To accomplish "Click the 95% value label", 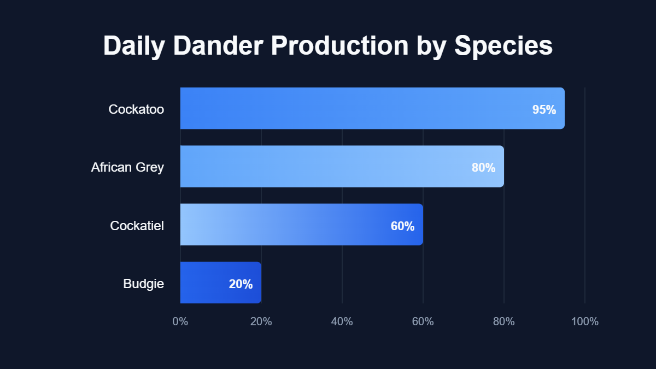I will coord(544,110).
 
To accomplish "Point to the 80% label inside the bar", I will coord(483,168).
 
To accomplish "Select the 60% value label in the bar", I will coord(402,226).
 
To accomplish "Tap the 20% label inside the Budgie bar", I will coord(241,284).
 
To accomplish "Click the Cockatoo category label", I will coord(136,109).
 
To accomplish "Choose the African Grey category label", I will coord(127,167).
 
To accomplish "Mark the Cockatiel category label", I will coord(137,225).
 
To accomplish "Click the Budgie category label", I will coord(143,284).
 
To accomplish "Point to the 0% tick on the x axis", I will coord(180,321).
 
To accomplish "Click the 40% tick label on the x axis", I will coord(342,321).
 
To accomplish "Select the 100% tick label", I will coord(584,321).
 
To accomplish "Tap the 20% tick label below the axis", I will coord(261,321).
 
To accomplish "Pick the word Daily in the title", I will coord(134,46).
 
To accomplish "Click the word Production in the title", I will coord(338,46).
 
